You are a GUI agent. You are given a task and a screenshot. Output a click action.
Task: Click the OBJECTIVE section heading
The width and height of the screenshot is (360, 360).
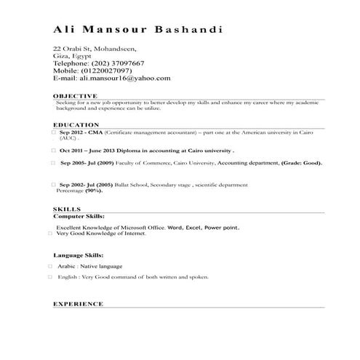75,96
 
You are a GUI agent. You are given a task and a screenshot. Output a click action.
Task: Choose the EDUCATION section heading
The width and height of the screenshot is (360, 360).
76,126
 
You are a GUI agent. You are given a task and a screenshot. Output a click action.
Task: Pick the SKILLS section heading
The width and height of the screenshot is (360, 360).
67,209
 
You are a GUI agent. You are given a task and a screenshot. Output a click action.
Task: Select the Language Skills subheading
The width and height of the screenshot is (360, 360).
78,255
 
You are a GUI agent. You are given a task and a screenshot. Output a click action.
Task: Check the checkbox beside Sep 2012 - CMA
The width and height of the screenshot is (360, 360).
53,134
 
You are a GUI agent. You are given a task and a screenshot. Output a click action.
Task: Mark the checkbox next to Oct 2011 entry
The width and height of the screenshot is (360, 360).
53,149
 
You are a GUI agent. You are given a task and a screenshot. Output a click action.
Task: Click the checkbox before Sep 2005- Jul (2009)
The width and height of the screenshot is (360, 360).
53,164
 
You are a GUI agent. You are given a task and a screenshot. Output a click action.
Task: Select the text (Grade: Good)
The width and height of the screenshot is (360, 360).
300,164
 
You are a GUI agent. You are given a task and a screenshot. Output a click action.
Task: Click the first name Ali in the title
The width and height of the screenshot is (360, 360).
68,30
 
